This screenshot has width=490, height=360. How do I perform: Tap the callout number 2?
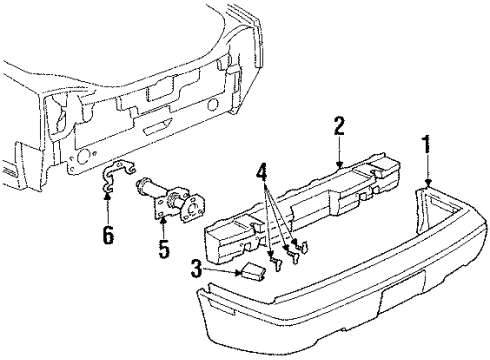[x=339, y=126]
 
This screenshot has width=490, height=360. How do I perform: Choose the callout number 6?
[x=108, y=237]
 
